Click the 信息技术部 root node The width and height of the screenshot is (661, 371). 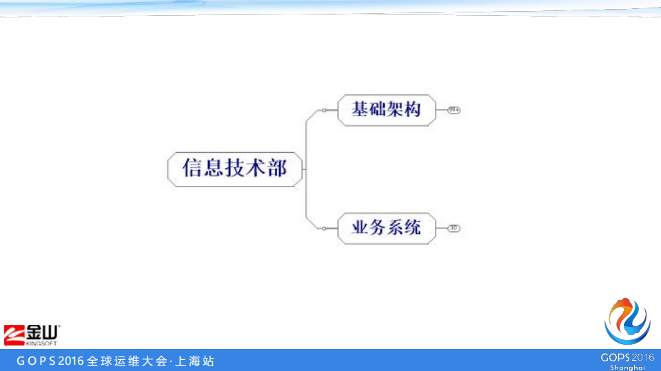(x=235, y=169)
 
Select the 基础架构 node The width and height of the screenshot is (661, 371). (x=387, y=110)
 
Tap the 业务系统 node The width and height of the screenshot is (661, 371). (x=387, y=228)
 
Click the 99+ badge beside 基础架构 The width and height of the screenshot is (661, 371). (x=454, y=110)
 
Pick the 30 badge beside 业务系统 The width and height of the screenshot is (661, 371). (x=454, y=228)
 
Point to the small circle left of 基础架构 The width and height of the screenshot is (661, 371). (x=325, y=110)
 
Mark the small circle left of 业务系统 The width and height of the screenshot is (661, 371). (x=325, y=228)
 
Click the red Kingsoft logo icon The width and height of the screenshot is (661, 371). (x=14, y=333)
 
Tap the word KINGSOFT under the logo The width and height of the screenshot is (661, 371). (x=41, y=342)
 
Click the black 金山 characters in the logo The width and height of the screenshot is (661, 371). (x=42, y=331)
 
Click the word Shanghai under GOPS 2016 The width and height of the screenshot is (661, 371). (x=627, y=367)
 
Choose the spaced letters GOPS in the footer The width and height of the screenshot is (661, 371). (x=36, y=361)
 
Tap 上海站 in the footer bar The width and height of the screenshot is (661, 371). (x=195, y=361)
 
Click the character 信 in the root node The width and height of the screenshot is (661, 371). (x=192, y=169)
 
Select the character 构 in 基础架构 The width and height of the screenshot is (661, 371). (x=413, y=110)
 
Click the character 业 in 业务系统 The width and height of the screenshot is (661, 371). (x=360, y=228)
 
